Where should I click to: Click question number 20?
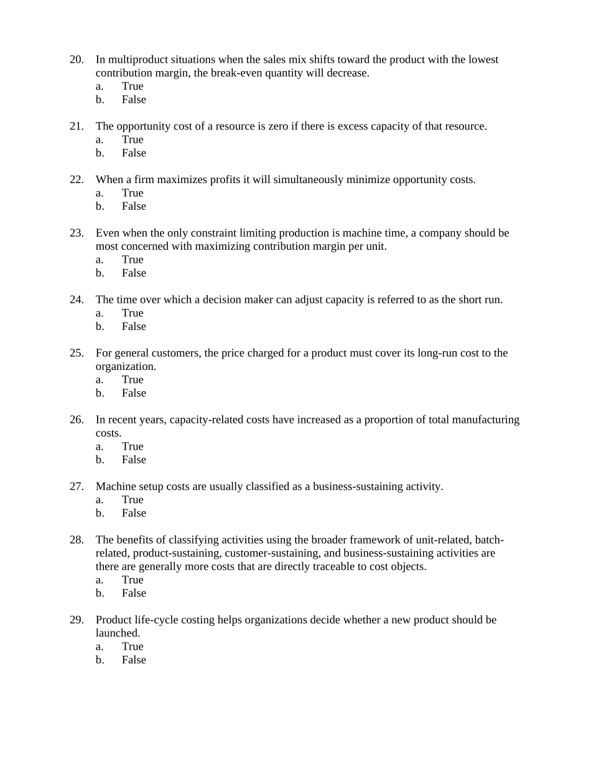pos(77,60)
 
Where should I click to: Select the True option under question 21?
pos(133,139)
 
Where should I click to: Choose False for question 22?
pos(134,206)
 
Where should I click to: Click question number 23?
pos(77,233)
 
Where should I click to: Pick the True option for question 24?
pos(133,313)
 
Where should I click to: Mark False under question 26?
pos(134,460)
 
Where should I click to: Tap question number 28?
pos(77,540)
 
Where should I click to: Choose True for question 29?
pos(133,646)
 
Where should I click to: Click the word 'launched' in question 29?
pos(116,633)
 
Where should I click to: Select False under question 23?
pos(134,273)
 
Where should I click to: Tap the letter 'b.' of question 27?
pos(100,513)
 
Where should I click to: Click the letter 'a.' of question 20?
pos(100,86)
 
